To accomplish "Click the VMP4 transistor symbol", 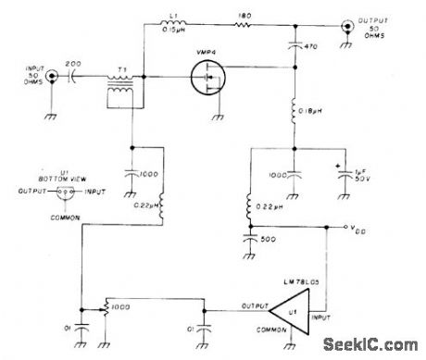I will pyautogui.click(x=208, y=81).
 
